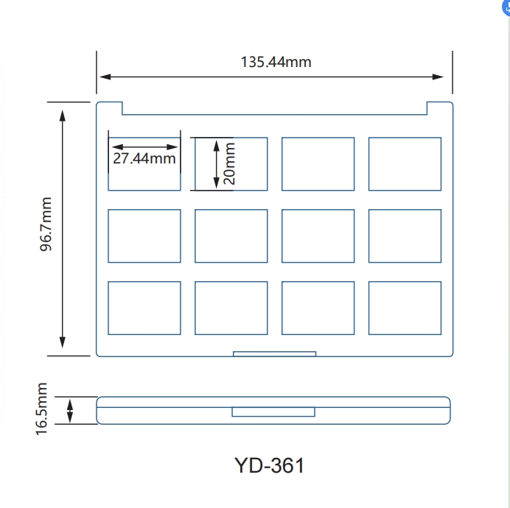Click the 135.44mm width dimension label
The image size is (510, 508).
coord(276,62)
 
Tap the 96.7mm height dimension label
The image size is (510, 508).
coord(46,224)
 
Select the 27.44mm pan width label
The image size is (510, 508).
coord(144,158)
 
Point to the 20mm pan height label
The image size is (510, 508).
coord(229,163)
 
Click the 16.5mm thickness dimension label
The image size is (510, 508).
coord(41,409)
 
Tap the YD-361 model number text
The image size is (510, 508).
coord(269,465)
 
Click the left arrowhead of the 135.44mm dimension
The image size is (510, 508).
coord(105,77)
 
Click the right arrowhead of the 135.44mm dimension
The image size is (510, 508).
coord(438,77)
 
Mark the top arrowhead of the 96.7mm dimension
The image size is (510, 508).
coord(63,116)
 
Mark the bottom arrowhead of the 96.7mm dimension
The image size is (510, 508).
coord(63,342)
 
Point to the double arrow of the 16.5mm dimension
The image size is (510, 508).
coord(70,411)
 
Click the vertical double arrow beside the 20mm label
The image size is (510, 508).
coord(216,164)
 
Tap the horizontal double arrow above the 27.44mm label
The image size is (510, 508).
coord(144,147)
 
